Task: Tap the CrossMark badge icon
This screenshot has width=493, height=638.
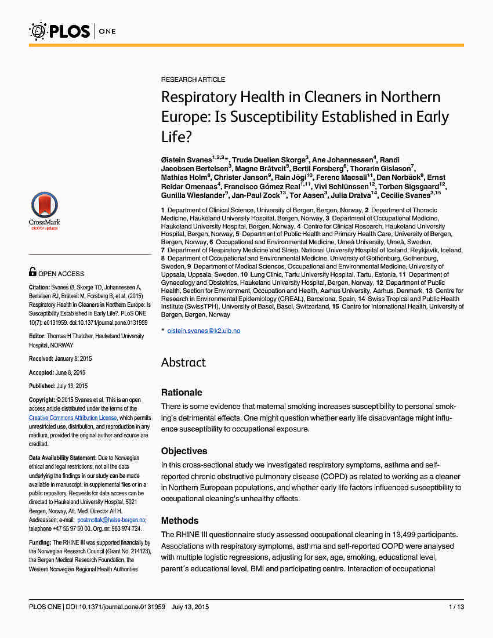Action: click(x=44, y=209)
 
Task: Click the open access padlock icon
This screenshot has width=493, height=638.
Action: click(x=33, y=271)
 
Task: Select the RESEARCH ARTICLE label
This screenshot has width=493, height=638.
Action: click(x=193, y=79)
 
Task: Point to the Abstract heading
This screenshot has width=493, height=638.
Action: click(x=183, y=362)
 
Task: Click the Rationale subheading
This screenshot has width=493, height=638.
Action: click(x=182, y=393)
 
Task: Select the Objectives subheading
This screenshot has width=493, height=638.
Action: click(x=184, y=451)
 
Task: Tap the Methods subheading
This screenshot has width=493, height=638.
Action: click(x=180, y=520)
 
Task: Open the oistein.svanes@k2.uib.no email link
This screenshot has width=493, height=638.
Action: click(x=204, y=331)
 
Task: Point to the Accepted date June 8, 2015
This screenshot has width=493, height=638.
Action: click(x=72, y=372)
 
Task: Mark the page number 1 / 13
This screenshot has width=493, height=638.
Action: click(x=456, y=607)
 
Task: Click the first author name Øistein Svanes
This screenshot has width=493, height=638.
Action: click(x=186, y=160)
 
